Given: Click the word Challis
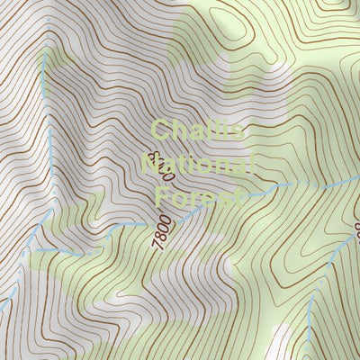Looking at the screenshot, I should (197, 131).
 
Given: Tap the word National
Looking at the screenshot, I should (198, 164).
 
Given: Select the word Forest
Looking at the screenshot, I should (198, 196).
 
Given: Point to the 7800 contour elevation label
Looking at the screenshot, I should (163, 232).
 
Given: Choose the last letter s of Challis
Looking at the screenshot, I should (236, 132).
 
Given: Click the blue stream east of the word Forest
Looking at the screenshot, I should (288, 185).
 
